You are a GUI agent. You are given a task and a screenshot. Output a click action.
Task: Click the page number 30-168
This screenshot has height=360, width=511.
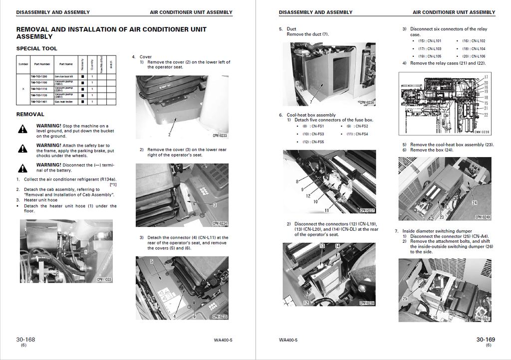[25, 340]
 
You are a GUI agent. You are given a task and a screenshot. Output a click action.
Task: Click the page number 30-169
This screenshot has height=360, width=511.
[485, 340]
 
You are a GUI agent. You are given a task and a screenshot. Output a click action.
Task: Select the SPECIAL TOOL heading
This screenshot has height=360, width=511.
[36, 48]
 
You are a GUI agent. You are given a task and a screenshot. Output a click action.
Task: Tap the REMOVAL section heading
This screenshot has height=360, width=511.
[30, 114]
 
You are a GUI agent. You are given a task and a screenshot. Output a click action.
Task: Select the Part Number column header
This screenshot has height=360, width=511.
[42, 64]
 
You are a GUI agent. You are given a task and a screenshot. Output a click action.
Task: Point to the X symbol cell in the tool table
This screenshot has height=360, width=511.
[23, 89]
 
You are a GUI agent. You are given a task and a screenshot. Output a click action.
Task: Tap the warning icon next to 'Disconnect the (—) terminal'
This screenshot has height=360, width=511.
[23, 168]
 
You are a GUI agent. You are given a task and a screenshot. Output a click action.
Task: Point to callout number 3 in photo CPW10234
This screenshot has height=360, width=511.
[215, 204]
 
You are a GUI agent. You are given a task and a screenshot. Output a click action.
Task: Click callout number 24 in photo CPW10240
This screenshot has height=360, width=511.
[474, 202]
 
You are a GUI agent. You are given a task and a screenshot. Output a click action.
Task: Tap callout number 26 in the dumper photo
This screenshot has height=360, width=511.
[435, 317]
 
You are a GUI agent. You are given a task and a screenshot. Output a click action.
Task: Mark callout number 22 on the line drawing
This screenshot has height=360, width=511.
[486, 115]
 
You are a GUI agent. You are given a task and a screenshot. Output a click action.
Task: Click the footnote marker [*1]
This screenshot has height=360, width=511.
[113, 184]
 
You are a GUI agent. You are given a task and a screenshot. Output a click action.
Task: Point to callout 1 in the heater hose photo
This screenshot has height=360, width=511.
[86, 252]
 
